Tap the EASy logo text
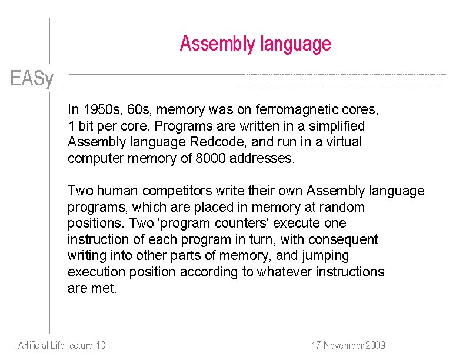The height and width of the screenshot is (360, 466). tap(32, 79)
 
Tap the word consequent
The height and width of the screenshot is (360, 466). tap(348, 239)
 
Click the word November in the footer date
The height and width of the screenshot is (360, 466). tap(341, 345)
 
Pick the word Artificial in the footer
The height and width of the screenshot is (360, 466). tap(33, 345)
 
